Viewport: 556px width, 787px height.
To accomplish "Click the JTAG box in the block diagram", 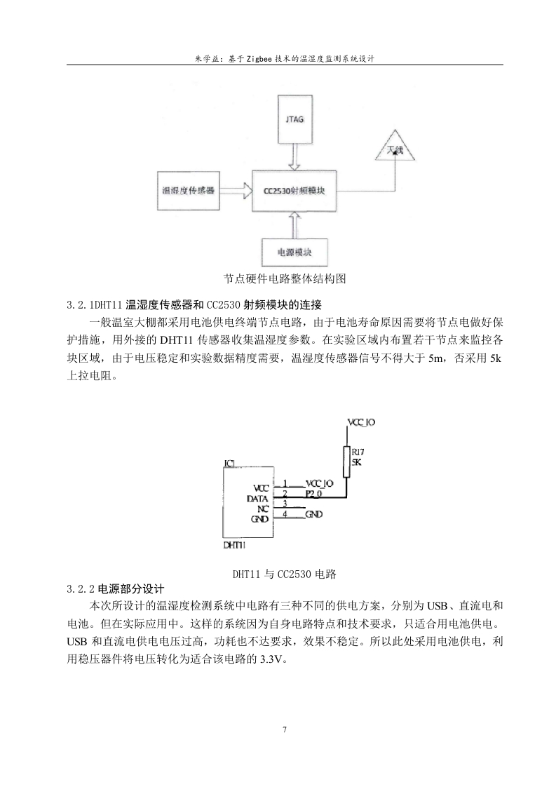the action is pos(294,119).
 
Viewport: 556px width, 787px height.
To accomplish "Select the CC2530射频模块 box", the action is pos(294,191).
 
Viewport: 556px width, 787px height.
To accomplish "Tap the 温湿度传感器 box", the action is pos(188,191).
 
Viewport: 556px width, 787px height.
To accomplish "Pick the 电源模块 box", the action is pos(294,252).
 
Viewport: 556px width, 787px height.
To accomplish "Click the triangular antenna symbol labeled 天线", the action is pos(395,147).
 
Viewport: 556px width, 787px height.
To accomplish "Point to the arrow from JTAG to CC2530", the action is pos(294,158).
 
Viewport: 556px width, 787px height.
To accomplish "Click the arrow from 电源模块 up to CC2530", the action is pos(294,225).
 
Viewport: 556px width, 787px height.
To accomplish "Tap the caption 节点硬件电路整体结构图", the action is pos(285,278).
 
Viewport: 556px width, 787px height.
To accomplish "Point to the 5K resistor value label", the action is pos(357,462).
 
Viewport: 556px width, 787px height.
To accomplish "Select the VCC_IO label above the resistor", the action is pos(361,422).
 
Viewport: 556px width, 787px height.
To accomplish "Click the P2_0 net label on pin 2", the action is pos(313,494).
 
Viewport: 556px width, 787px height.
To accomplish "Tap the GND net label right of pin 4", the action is pos(314,514).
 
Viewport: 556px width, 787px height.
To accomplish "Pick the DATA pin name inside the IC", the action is pos(257,499).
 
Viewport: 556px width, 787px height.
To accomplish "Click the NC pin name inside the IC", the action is pos(264,509).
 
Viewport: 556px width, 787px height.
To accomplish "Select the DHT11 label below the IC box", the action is pos(234,545).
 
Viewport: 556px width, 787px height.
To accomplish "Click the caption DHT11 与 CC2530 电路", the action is pos(285,574).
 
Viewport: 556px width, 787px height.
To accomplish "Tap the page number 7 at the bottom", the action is pos(285,729).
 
